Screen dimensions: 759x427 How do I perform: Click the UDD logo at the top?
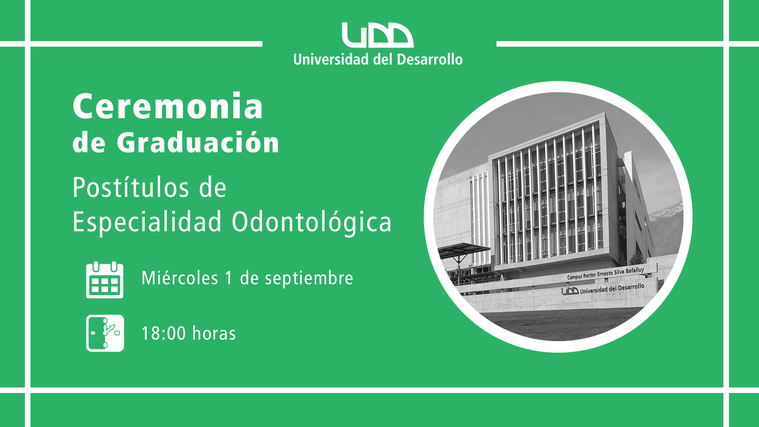[x=378, y=35]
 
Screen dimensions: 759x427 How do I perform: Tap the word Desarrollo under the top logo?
[x=429, y=59]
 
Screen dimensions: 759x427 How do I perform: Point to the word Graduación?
[x=198, y=142]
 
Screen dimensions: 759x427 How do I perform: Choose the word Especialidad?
[x=147, y=222]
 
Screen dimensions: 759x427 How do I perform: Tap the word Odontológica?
[x=312, y=222]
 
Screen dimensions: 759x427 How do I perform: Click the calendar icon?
[x=105, y=280]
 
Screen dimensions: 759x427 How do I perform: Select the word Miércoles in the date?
[x=180, y=278]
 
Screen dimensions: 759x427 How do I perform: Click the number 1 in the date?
[x=229, y=278]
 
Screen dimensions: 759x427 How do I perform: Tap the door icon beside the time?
[x=105, y=333]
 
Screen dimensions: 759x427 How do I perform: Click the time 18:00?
[x=164, y=333]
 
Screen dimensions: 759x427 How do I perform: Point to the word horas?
[x=214, y=333]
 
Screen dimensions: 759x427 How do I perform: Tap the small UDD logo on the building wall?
[x=570, y=291]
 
